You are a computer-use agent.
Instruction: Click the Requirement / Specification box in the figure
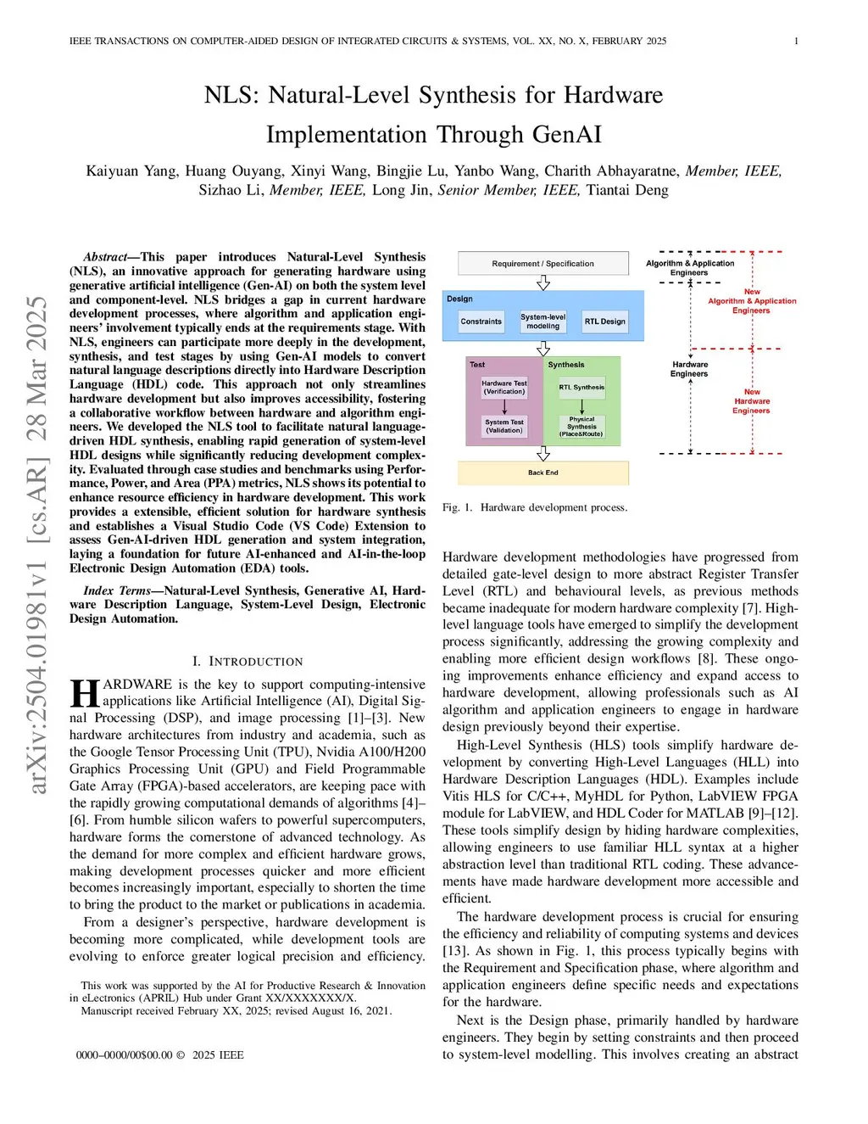pyautogui.click(x=542, y=263)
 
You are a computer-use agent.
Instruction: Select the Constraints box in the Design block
pyautogui.click(x=481, y=322)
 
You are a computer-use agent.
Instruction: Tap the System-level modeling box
pyautogui.click(x=542, y=322)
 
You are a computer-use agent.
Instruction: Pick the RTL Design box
pyautogui.click(x=604, y=322)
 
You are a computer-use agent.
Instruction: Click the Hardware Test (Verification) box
pyautogui.click(x=504, y=387)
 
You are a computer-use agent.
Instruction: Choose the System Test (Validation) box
pyautogui.click(x=504, y=426)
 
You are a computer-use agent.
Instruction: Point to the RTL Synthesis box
pyautogui.click(x=581, y=387)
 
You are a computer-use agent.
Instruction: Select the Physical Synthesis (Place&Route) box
pyautogui.click(x=581, y=426)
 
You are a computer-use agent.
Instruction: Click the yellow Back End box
pyautogui.click(x=542, y=473)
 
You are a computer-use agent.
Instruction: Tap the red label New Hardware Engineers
pyautogui.click(x=752, y=401)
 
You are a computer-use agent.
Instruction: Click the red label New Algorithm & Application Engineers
pyautogui.click(x=752, y=301)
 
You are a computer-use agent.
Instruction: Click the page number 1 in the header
pyautogui.click(x=796, y=41)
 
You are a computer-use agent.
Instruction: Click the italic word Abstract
pyautogui.click(x=105, y=257)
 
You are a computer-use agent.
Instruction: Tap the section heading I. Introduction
pyautogui.click(x=248, y=662)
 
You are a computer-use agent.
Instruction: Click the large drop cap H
pyautogui.click(x=85, y=693)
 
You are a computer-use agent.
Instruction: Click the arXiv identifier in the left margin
pyautogui.click(x=37, y=543)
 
